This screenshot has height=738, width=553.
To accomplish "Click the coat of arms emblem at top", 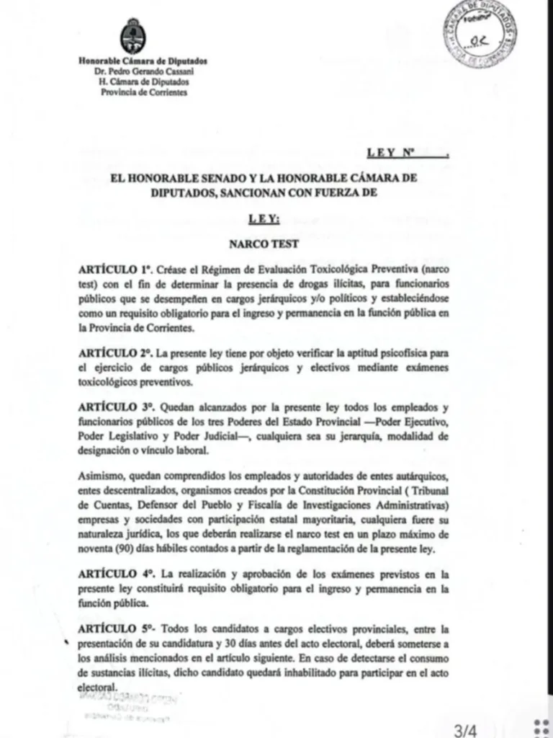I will (132, 37).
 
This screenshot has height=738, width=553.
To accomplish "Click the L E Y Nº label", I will (392, 153).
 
